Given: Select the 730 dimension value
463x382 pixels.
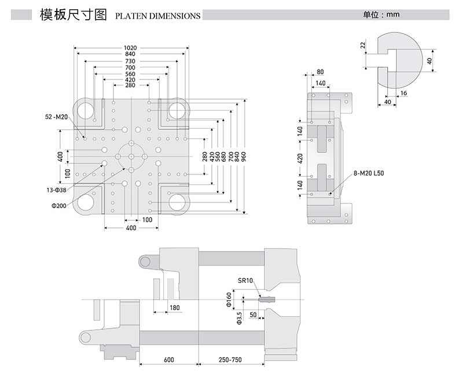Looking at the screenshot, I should click(131, 61).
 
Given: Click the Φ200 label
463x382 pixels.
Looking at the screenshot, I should click(58, 204).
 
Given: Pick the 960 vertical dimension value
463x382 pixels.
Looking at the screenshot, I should click(245, 157).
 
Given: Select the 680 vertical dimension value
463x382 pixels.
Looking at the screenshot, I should click(223, 157).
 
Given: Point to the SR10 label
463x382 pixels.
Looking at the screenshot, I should click(245, 281).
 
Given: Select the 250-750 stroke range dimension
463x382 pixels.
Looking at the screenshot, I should click(231, 360).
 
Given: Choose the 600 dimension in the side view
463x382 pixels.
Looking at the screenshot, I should click(168, 360).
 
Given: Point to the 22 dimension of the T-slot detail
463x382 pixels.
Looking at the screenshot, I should click(362, 45).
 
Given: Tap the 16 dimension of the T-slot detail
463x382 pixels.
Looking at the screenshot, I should click(403, 93).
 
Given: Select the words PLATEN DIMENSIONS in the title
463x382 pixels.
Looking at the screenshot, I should click(158, 16).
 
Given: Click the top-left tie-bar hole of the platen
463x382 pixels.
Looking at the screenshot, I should click(85, 110).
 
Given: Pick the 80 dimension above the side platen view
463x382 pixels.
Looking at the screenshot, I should click(320, 72).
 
